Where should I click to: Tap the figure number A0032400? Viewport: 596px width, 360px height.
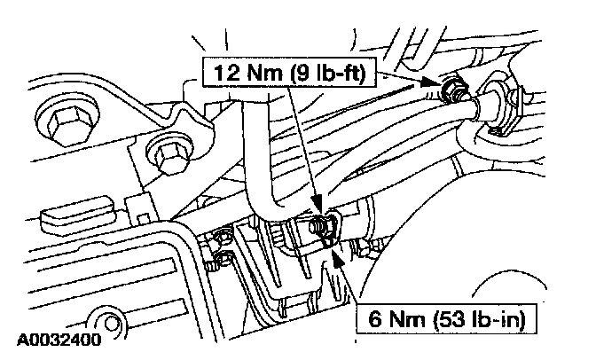pos(56,340)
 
